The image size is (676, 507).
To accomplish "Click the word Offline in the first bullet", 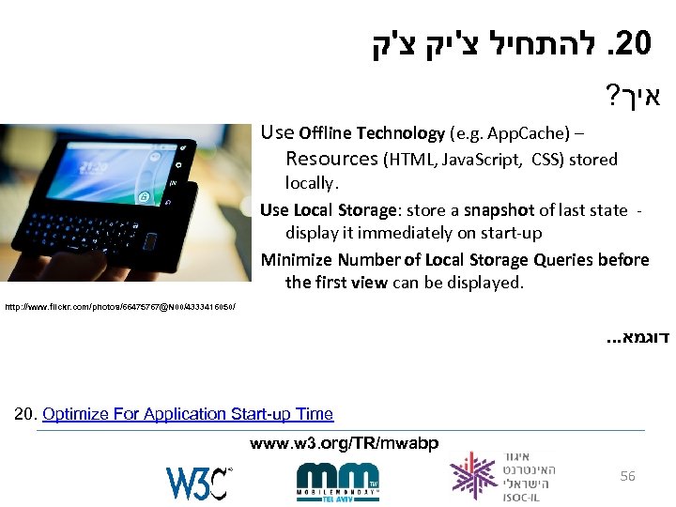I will pyautogui.click(x=325, y=133).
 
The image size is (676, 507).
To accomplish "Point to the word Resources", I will pyautogui.click(x=331, y=160).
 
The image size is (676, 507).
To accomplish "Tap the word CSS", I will pyautogui.click(x=548, y=160).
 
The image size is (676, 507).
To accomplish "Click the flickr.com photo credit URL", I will pyautogui.click(x=118, y=307).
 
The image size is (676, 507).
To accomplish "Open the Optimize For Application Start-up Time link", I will pyautogui.click(x=188, y=414).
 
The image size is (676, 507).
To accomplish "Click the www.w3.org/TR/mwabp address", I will pyautogui.click(x=343, y=443).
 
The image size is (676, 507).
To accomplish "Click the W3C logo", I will pyautogui.click(x=199, y=482).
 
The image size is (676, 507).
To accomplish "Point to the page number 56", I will pyautogui.click(x=627, y=476).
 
